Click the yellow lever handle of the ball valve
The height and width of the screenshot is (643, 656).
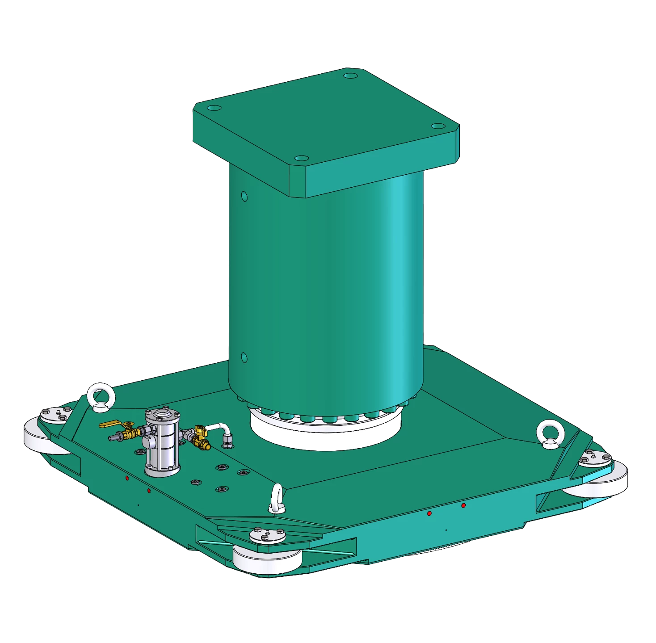[x=109, y=424]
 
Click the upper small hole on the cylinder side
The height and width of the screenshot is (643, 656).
[x=244, y=196]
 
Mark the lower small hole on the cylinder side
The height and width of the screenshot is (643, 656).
[x=244, y=357]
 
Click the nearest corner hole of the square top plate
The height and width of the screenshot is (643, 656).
[x=302, y=159]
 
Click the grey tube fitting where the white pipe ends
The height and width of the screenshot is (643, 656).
[x=227, y=441]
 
